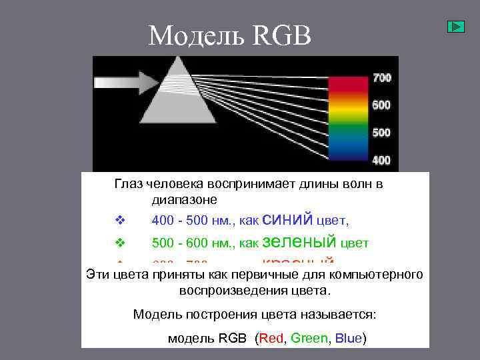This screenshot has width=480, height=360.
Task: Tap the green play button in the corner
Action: coord(455,27)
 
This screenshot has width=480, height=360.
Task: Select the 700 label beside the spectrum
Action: coord(381,78)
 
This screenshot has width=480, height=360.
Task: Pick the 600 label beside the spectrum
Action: coord(381,105)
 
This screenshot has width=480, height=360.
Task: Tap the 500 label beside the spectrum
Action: coord(381,133)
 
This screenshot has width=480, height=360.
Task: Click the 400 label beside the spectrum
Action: coord(381,160)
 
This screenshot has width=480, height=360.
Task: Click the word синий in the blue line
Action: coord(287,219)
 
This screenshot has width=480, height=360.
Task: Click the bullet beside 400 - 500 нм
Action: coord(119,220)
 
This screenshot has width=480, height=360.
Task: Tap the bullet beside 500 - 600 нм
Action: coord(119,243)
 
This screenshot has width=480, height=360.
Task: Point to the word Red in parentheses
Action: coord(271,338)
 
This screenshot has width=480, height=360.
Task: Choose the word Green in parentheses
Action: coord(309,338)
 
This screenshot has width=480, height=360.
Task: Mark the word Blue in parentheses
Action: coord(348,338)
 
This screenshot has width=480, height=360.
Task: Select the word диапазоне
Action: coord(184,199)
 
